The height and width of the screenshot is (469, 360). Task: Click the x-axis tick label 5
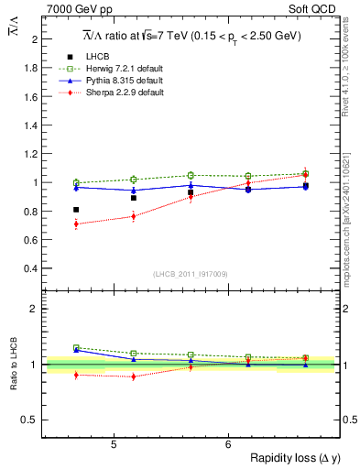(x=113, y=444)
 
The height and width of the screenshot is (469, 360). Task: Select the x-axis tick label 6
(x=228, y=444)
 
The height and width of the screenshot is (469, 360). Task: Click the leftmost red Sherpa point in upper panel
(x=76, y=224)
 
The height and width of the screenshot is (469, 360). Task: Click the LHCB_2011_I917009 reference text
(x=191, y=274)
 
